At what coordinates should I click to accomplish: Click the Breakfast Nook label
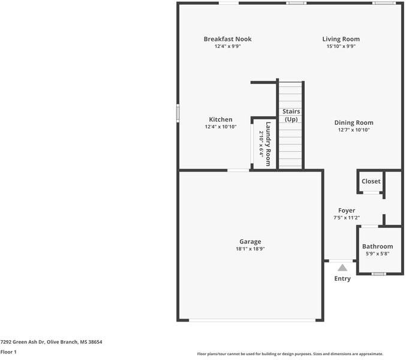[x=228, y=39]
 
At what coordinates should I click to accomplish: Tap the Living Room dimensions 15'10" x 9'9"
[x=341, y=46]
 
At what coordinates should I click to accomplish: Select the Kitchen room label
[x=221, y=119]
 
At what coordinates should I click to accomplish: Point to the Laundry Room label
[x=268, y=144]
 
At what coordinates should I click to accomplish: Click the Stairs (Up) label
[x=291, y=115]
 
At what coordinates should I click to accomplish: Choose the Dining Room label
[x=354, y=123]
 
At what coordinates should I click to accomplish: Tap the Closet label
[x=371, y=181]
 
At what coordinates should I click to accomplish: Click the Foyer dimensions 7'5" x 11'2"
[x=347, y=218]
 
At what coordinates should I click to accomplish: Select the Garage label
[x=250, y=242]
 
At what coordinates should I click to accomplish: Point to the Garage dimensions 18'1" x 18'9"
[x=250, y=249]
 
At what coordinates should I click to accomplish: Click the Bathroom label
[x=378, y=247]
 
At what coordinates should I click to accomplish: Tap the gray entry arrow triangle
[x=342, y=268]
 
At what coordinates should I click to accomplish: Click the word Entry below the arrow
[x=342, y=278]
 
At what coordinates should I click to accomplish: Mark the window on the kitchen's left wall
[x=178, y=113]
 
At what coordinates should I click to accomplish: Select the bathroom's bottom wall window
[x=378, y=274]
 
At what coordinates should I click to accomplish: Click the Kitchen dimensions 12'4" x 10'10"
[x=221, y=127]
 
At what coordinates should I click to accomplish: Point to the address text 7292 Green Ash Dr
[x=23, y=342]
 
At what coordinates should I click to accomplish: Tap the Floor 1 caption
[x=8, y=352]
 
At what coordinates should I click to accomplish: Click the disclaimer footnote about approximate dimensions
[x=290, y=354]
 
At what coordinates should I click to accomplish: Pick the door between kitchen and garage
[x=238, y=170]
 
